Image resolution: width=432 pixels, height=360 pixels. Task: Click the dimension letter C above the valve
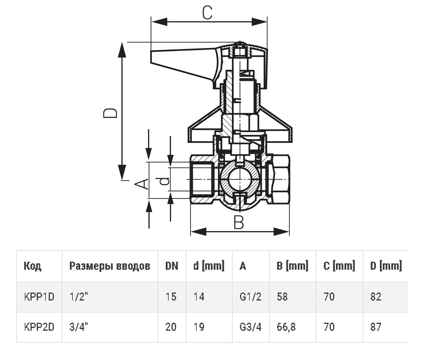pos(207,13)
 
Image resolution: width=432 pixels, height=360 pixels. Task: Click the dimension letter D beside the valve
pos(110,113)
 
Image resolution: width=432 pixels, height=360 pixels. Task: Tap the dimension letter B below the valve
pos(239,222)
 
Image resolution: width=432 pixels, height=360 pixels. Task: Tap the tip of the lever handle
pos(151,56)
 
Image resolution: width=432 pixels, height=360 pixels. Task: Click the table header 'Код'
pos(32,266)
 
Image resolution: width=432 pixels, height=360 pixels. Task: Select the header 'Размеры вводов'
pos(110,266)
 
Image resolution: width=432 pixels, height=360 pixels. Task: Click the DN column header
pos(172,266)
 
